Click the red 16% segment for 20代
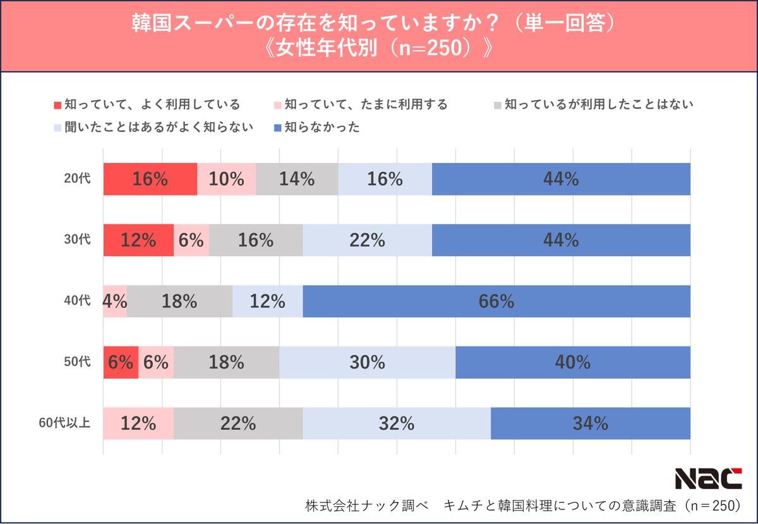pos(150,179)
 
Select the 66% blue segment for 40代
pos(496,301)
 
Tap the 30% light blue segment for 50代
pos(367,362)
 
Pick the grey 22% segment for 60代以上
pos(238,423)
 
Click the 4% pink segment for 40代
pos(115,301)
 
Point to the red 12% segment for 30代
pos(138,240)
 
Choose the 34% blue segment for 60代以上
pos(590,423)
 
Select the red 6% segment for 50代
pos(121,362)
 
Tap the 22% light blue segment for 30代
pos(367,240)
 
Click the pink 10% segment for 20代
pos(226,179)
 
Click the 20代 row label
pos(77,179)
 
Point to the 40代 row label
pos(77,301)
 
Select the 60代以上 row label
pos(66,423)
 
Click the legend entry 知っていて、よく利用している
pos(147,104)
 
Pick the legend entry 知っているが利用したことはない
pos(593,104)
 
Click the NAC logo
pos(708,478)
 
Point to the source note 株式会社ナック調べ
pos(366,506)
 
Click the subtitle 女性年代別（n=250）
pos(379,49)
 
